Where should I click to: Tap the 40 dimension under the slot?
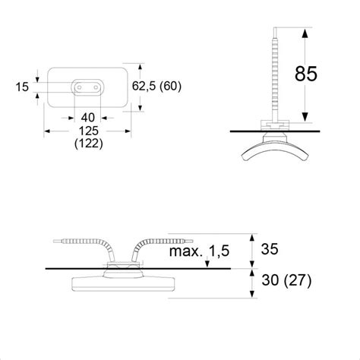[x=88, y=118]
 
